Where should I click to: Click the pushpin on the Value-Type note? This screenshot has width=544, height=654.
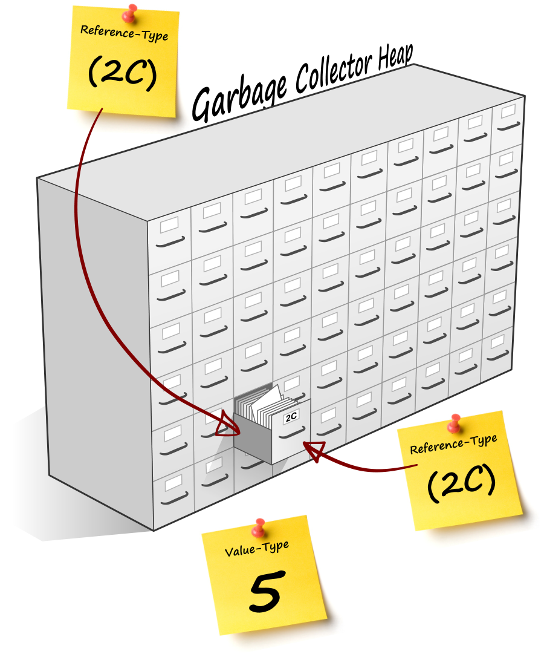click(x=260, y=528)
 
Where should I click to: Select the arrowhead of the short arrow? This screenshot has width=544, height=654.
click(x=312, y=450)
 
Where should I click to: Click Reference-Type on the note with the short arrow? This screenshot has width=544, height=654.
click(x=453, y=444)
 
